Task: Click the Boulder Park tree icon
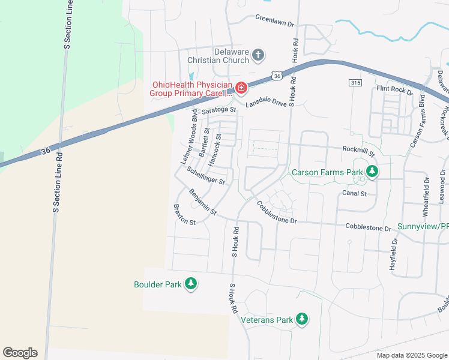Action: (x=191, y=283)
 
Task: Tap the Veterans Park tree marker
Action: (x=303, y=319)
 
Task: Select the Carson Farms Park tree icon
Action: (x=372, y=172)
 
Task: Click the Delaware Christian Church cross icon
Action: (x=258, y=56)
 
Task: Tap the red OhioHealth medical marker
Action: (x=241, y=89)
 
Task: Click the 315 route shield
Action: (x=354, y=82)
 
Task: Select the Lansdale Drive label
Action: (x=267, y=102)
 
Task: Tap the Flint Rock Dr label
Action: (x=394, y=91)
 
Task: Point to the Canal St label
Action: (x=354, y=193)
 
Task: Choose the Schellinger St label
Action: (x=206, y=176)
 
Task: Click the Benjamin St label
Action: (x=202, y=202)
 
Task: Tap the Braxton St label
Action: (x=184, y=215)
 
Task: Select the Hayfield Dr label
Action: (x=394, y=254)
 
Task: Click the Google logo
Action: (x=20, y=353)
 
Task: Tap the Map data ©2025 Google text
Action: (x=411, y=355)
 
